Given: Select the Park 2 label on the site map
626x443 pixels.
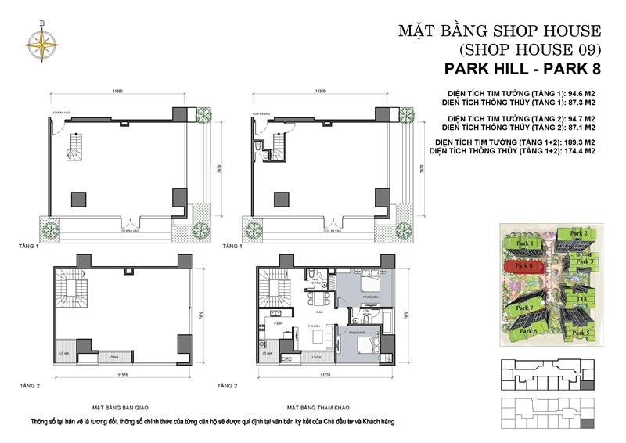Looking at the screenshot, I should (578, 233).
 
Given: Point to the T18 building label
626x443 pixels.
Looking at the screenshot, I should (582, 298).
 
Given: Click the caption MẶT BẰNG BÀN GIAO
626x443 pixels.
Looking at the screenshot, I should (122, 408).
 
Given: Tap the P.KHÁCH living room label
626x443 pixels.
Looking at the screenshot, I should (315, 325).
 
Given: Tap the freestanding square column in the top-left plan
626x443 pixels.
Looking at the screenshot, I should (79, 197).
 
